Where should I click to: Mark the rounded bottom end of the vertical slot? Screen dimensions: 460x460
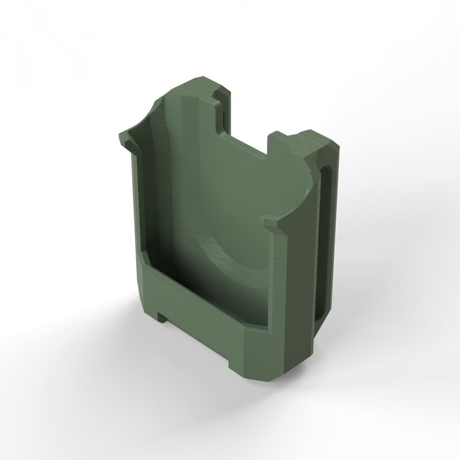pos(320,317)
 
